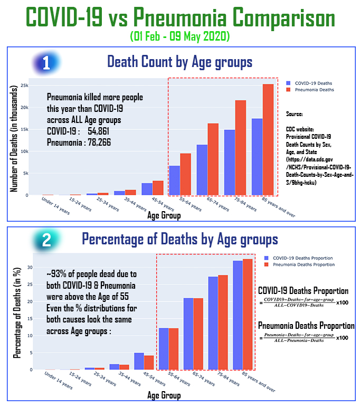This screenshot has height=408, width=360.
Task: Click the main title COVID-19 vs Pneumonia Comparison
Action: click(x=180, y=19)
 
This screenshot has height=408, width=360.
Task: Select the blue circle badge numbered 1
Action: click(x=46, y=63)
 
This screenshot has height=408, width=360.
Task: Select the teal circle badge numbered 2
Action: click(x=46, y=240)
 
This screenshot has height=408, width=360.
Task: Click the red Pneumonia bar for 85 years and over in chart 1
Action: click(x=269, y=140)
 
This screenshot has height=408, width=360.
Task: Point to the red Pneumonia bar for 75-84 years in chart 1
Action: click(x=241, y=148)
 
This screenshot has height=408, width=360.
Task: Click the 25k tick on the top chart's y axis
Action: click(x=24, y=85)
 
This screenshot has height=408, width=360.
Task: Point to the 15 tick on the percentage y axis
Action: click(x=30, y=318)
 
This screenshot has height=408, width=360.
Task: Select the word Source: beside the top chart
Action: click(x=295, y=114)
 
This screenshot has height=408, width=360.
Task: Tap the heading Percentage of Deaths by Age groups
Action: click(x=179, y=240)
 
